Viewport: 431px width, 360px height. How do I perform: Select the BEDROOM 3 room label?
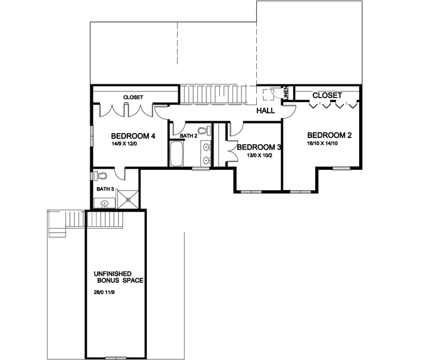258,147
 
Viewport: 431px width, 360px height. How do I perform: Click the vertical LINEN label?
286,92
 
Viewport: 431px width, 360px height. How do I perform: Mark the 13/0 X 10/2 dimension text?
259,156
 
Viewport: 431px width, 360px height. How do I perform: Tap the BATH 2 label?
188,136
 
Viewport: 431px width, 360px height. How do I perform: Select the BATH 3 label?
105,189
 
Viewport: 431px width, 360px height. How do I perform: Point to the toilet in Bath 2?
202,131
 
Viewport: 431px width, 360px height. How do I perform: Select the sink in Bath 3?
105,203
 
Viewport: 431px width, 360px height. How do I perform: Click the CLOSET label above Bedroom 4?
133,97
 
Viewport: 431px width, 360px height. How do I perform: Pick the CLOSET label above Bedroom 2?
327,95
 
